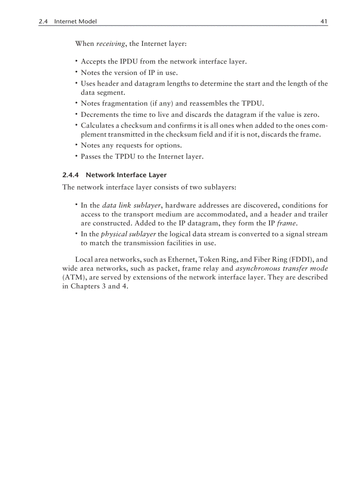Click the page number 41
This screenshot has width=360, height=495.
pyautogui.click(x=324, y=21)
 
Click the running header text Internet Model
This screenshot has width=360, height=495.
pyautogui.click(x=75, y=21)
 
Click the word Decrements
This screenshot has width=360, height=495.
pyautogui.click(x=99, y=115)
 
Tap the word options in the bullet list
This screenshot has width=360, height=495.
pyautogui.click(x=169, y=145)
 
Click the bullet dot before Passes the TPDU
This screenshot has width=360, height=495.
pyautogui.click(x=76, y=156)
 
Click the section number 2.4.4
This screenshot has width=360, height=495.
pyautogui.click(x=71, y=175)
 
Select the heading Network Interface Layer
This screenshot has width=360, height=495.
pyautogui.click(x=126, y=175)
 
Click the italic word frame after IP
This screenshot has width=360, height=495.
pyautogui.click(x=286, y=223)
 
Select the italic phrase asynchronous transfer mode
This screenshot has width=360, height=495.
pyautogui.click(x=281, y=268)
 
